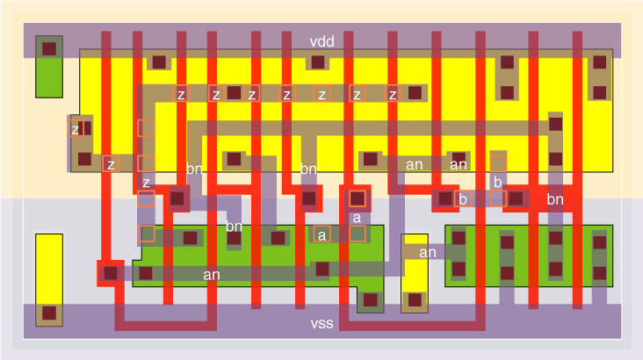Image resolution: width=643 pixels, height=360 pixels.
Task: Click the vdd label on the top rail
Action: pyautogui.click(x=321, y=42)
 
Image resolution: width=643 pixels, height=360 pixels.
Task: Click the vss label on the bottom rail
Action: pyautogui.click(x=321, y=324)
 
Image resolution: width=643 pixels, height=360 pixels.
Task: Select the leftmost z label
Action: pyautogui.click(x=76, y=129)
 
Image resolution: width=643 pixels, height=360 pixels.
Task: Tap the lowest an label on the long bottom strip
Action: pyautogui.click(x=212, y=275)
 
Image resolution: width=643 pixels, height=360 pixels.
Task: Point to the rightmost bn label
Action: pyautogui.click(x=554, y=200)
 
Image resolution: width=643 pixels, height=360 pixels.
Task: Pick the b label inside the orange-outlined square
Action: pyautogui.click(x=462, y=199)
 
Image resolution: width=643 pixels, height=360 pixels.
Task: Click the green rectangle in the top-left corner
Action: pyautogui.click(x=49, y=66)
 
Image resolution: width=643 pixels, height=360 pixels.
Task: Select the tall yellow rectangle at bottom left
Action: pyautogui.click(x=49, y=268)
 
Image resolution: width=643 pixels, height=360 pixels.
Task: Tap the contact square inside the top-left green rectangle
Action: pyautogui.click(x=49, y=48)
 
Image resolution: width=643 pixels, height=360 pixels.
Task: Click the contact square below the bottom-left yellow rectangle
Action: pyautogui.click(x=49, y=313)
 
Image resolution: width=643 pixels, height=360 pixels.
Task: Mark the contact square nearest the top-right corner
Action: pyautogui.click(x=600, y=62)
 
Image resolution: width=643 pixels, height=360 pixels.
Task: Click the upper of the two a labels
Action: pyautogui.click(x=357, y=217)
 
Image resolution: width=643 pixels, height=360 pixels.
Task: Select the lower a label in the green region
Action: pyautogui.click(x=322, y=234)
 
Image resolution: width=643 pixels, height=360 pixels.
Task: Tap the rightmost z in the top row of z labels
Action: pyautogui.click(x=393, y=94)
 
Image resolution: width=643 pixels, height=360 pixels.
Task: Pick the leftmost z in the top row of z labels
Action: pyautogui.click(x=181, y=94)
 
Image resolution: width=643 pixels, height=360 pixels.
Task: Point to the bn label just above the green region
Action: pyautogui.click(x=234, y=227)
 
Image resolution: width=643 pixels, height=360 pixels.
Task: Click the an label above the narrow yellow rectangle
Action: pyautogui.click(x=428, y=253)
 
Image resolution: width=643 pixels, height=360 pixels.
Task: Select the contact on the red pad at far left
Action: pyautogui.click(x=111, y=273)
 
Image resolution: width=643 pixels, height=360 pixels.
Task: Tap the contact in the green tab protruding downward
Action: pyautogui.click(x=371, y=300)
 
